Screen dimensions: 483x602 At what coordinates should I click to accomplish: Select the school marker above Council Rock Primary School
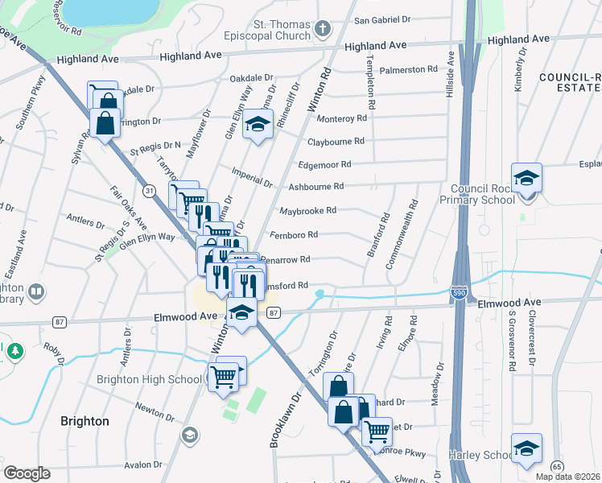pyautogui.click(x=526, y=178)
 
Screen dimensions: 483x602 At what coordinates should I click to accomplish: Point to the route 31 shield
pyautogui.click(x=150, y=190)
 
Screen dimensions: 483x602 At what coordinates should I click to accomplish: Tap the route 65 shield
pyautogui.click(x=557, y=466)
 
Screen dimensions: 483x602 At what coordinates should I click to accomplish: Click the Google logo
pyautogui.click(x=27, y=473)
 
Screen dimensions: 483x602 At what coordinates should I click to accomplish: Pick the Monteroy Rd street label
pyautogui.click(x=342, y=118)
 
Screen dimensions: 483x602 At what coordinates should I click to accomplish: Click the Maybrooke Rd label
pyautogui.click(x=307, y=211)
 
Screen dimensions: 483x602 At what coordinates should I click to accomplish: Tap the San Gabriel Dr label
pyautogui.click(x=383, y=19)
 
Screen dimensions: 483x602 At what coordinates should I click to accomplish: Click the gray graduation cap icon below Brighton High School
pyautogui.click(x=189, y=436)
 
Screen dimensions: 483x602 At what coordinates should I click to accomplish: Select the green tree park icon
pyautogui.click(x=14, y=351)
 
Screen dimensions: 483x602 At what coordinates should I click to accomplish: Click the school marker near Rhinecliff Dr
pyautogui.click(x=258, y=125)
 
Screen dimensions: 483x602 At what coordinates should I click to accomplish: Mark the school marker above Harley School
pyautogui.click(x=526, y=448)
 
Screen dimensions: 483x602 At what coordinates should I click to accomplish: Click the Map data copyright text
pyautogui.click(x=567, y=477)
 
